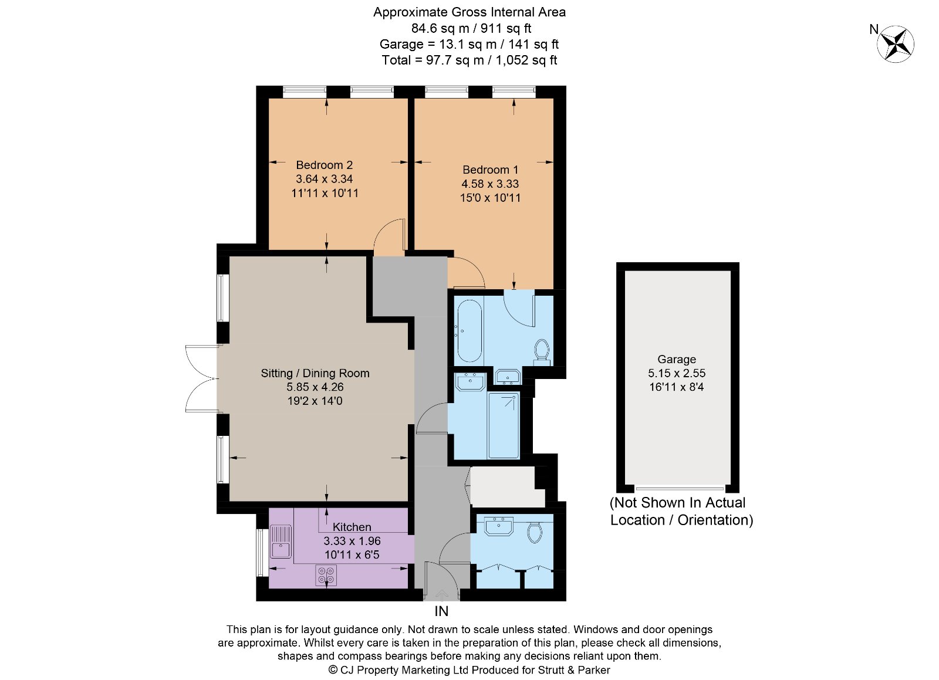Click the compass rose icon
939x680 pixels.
pos(896,44)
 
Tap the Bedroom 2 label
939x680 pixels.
pos(324,165)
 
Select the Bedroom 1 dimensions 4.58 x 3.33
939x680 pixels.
pos(490,184)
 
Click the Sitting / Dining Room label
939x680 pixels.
pos(315,373)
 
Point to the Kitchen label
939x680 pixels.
pos(352,527)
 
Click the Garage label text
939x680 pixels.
pos(677,359)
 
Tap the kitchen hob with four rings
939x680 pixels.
pos(326,575)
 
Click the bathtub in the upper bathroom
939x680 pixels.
pos(469,331)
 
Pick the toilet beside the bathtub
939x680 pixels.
pos(542,350)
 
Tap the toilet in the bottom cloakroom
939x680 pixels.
pos(534,532)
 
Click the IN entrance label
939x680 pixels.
pos(441,611)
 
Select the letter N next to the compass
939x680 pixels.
pos(874,29)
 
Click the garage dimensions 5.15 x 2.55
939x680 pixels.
pos(677,373)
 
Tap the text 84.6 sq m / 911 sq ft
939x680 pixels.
pos(471,28)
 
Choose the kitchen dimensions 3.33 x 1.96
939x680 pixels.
pos(352,541)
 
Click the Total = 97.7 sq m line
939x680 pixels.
pos(469,60)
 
